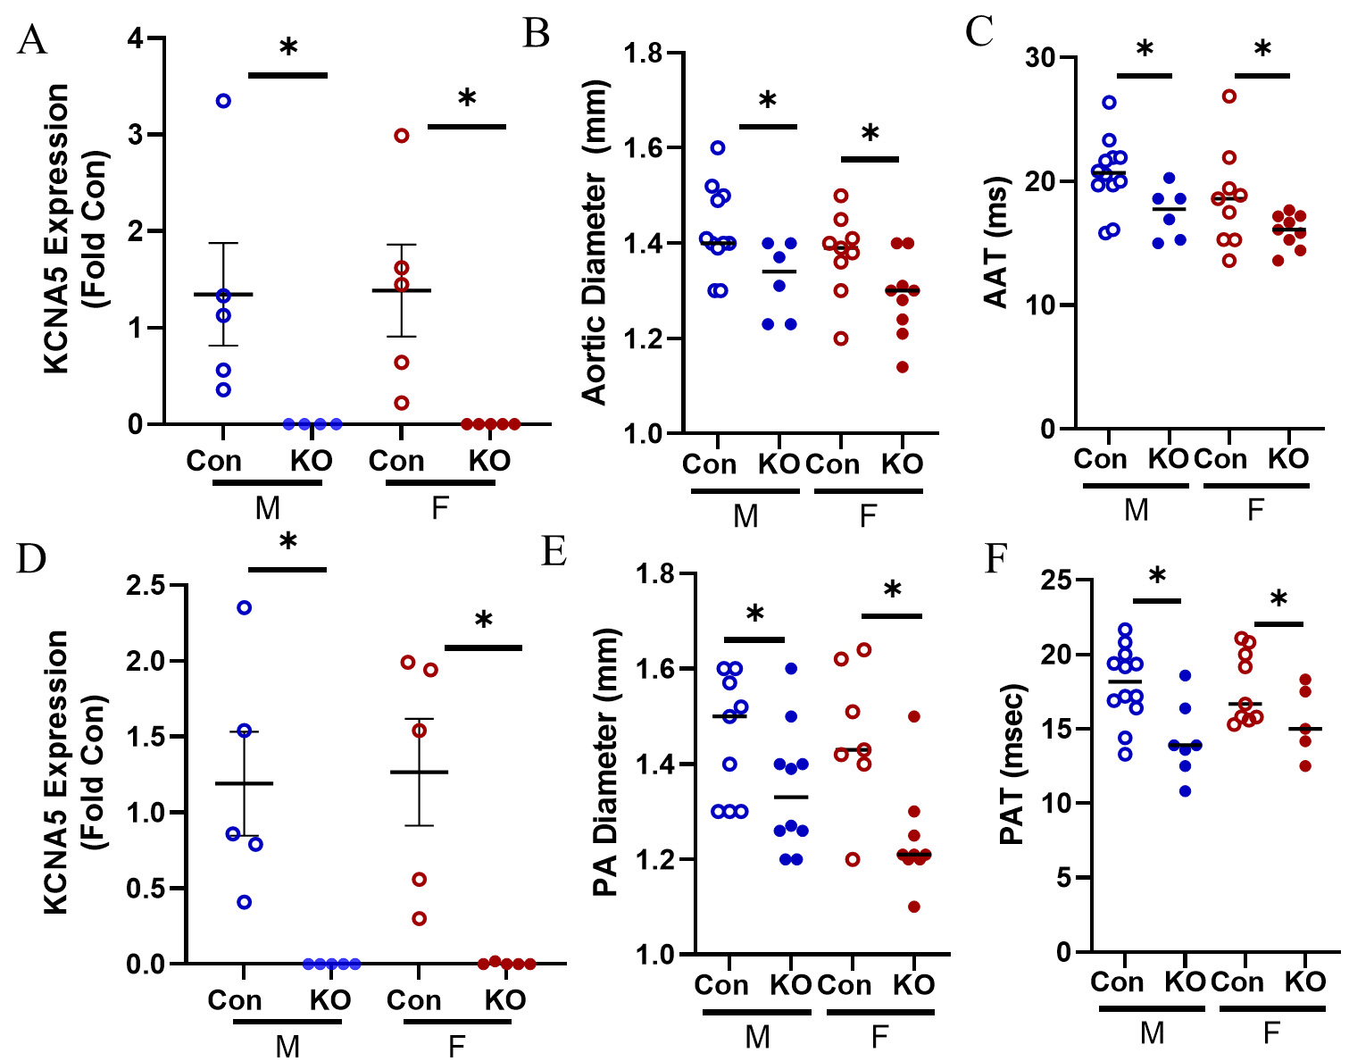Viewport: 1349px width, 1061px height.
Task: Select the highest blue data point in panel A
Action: [223, 101]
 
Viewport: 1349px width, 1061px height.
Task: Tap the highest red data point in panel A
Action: [402, 135]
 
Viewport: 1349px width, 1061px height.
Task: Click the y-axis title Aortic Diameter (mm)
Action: [595, 243]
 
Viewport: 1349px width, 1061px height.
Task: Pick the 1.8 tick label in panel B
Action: [642, 53]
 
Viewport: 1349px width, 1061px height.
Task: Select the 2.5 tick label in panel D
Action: [146, 586]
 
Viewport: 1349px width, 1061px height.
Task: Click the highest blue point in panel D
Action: [244, 608]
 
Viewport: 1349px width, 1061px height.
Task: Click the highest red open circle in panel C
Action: [1229, 96]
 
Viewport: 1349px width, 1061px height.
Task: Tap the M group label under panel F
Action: [1152, 1032]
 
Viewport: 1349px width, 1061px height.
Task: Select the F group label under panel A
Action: [439, 508]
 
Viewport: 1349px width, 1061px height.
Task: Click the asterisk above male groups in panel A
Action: [287, 49]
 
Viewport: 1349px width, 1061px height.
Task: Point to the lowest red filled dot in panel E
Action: [913, 907]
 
